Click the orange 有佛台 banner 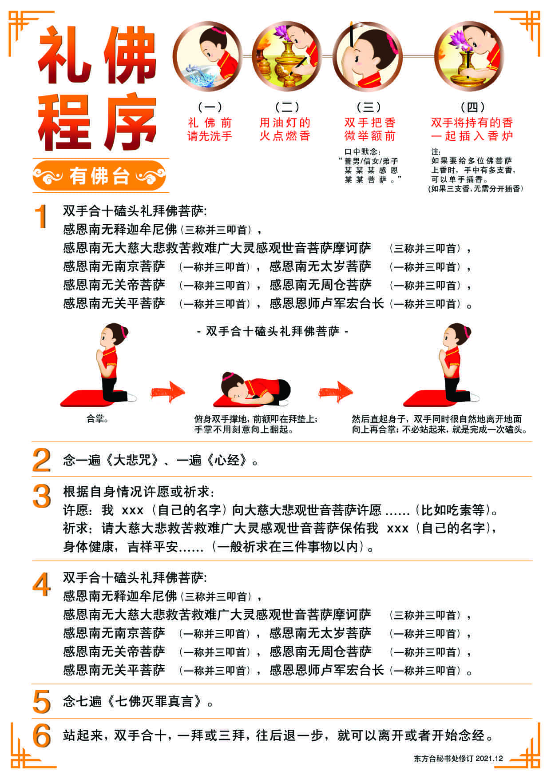click(99, 176)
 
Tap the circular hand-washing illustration click(208, 57)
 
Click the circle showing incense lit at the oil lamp click(287, 57)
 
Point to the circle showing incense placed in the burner click(469, 57)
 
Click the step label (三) click(369, 107)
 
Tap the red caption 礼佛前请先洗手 click(210, 129)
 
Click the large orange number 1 click(42, 217)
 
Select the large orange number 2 click(42, 460)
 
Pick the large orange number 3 click(42, 496)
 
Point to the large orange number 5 click(42, 702)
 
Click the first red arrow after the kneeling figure click(167, 392)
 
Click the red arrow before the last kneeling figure click(336, 392)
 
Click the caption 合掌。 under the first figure click(98, 419)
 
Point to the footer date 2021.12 click(489, 759)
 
